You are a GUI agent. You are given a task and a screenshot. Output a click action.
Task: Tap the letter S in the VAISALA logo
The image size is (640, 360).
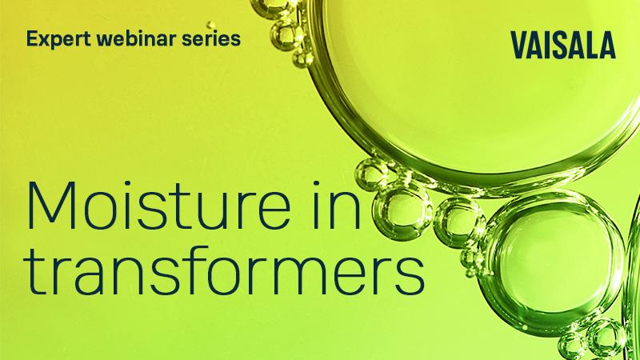pyautogui.click(x=559, y=46)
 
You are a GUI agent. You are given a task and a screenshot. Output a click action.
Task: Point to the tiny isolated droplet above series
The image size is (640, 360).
pyautogui.click(x=212, y=25)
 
